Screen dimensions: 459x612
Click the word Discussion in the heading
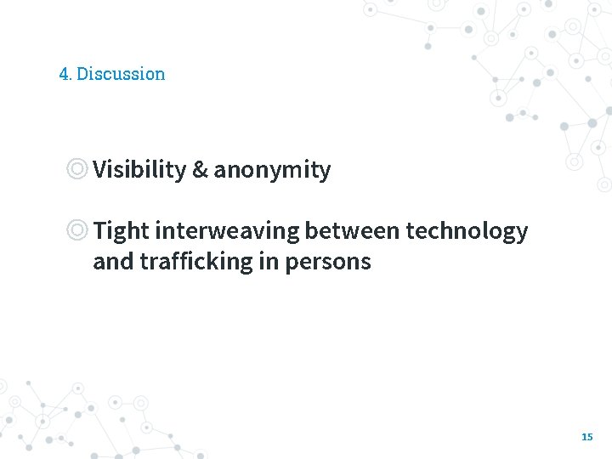click(121, 74)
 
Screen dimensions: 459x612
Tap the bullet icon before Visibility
click(77, 169)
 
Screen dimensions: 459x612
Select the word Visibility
click(139, 170)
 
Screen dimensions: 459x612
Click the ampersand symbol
click(200, 170)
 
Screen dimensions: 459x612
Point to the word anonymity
click(272, 171)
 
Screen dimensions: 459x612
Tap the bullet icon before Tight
click(77, 230)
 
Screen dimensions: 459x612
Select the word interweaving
click(227, 231)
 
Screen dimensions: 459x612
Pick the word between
click(352, 231)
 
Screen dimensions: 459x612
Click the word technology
click(467, 231)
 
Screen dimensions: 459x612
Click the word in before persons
click(269, 262)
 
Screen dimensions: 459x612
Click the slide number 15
click(586, 437)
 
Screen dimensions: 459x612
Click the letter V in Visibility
click(100, 170)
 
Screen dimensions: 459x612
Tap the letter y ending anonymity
click(324, 173)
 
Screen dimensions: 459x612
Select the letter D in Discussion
click(82, 74)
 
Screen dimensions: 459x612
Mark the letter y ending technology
click(522, 234)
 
